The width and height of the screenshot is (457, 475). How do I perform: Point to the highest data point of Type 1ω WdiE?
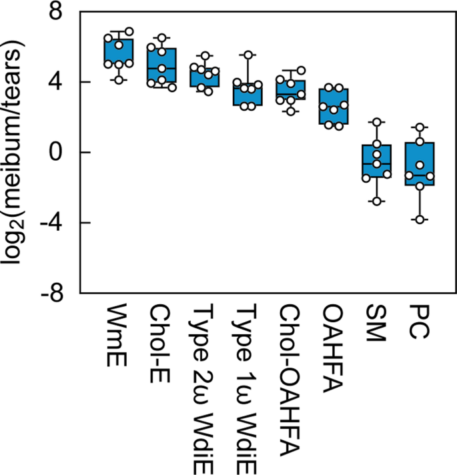click(248, 55)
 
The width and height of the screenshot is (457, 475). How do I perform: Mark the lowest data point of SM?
click(377, 201)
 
